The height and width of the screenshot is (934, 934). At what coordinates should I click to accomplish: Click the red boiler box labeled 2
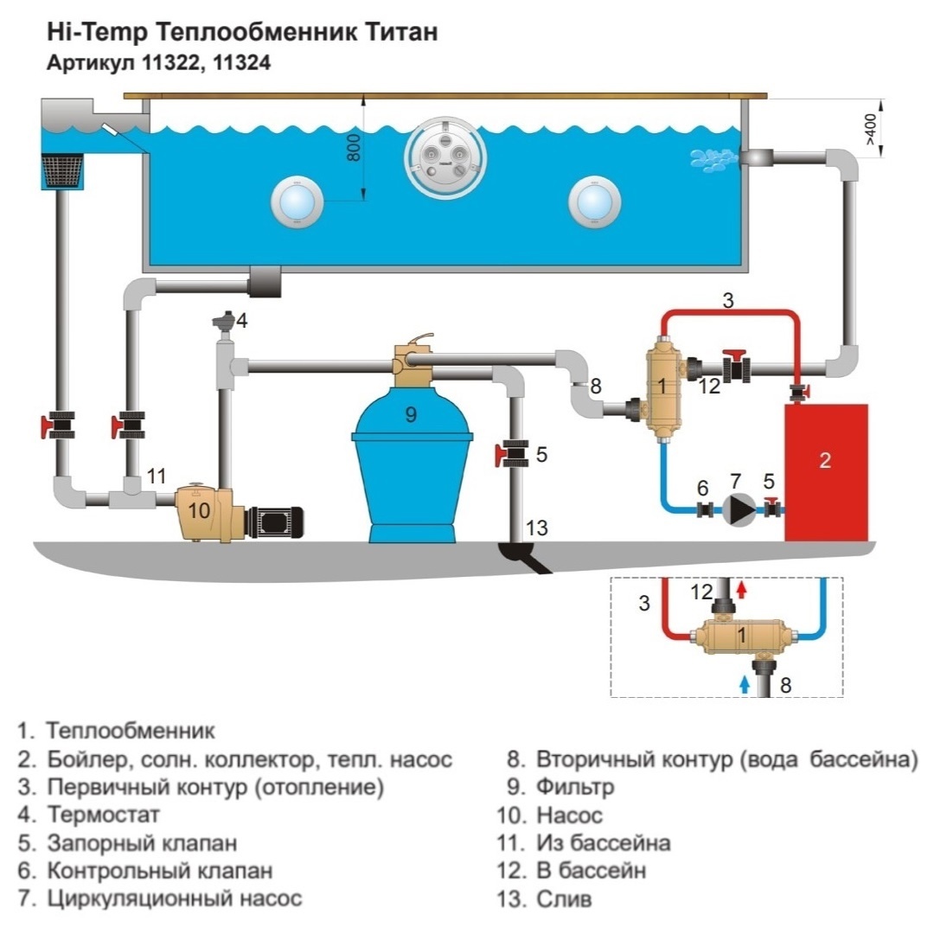click(x=826, y=472)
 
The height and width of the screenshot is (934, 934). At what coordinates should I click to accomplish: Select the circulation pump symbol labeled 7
click(x=739, y=509)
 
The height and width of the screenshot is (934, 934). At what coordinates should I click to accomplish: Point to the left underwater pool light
click(x=297, y=202)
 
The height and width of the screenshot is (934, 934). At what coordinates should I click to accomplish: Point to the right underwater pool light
click(x=594, y=202)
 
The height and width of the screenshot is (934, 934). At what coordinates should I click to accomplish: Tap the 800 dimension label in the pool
click(x=353, y=147)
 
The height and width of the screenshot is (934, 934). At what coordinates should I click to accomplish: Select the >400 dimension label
click(x=870, y=129)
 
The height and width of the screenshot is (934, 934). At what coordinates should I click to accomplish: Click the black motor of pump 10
click(x=274, y=521)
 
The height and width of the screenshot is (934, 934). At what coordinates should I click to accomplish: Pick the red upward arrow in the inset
click(x=742, y=589)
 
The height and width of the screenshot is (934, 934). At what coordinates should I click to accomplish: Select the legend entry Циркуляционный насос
click(x=175, y=899)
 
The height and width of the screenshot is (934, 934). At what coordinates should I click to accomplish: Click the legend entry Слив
click(x=564, y=899)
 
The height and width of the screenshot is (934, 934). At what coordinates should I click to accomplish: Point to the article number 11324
click(x=241, y=62)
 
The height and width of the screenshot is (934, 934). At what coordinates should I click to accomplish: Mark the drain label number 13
click(x=536, y=528)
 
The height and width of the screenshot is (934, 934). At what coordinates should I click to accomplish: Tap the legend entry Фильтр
click(x=575, y=788)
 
